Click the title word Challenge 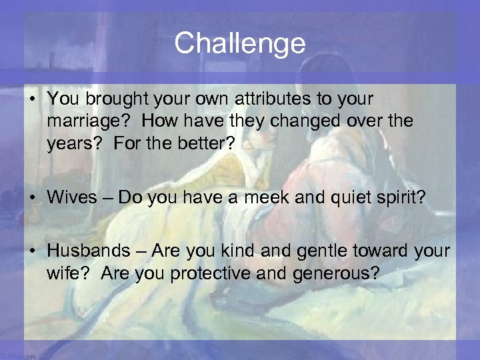(x=240, y=43)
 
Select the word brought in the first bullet (x=107, y=99)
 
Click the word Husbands (x=89, y=251)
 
